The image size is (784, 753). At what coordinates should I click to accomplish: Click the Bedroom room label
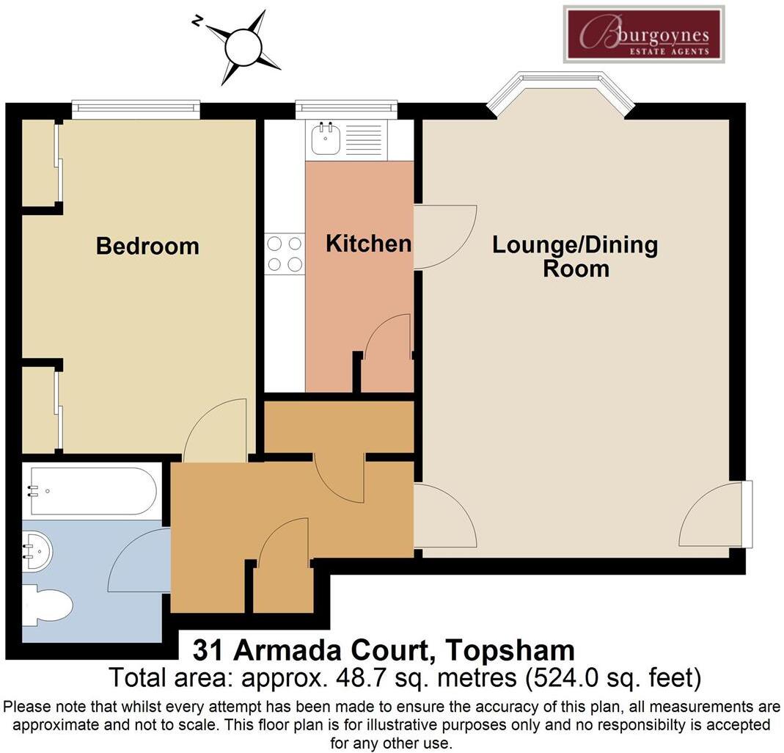coord(147,246)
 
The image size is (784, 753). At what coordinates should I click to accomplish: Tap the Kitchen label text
coord(368,244)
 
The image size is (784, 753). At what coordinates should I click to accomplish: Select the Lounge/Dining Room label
coord(575,256)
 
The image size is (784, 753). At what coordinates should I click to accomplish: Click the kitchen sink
coord(325,139)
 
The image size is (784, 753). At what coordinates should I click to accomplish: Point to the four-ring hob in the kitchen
coord(285,253)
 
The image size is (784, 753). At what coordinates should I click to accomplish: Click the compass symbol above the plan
coord(243,48)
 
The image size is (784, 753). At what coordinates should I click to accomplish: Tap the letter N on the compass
coord(197,21)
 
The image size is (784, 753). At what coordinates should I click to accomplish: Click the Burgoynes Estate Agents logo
coord(644,34)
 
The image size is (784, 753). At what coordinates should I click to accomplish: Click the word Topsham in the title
coord(510,650)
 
